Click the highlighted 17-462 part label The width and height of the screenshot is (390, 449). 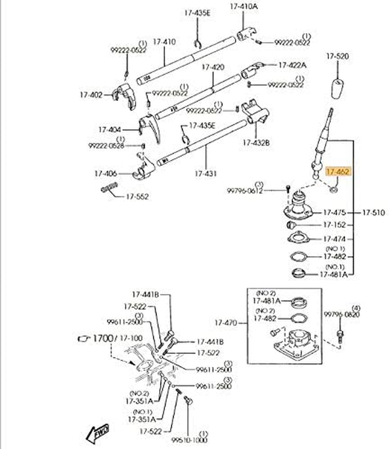[x=338, y=172]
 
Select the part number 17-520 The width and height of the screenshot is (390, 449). [x=337, y=57]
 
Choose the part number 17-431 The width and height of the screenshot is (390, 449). [x=206, y=173]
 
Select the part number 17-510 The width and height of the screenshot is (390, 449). [x=373, y=213]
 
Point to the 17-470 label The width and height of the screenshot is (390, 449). [x=225, y=322]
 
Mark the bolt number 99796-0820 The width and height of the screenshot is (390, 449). [x=341, y=315]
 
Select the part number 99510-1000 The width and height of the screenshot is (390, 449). [x=189, y=440]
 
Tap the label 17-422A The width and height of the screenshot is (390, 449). [x=292, y=65]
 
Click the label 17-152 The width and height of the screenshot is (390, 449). [x=334, y=225]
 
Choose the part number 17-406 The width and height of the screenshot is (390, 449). [x=105, y=174]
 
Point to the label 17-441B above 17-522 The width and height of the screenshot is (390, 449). [x=145, y=294]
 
